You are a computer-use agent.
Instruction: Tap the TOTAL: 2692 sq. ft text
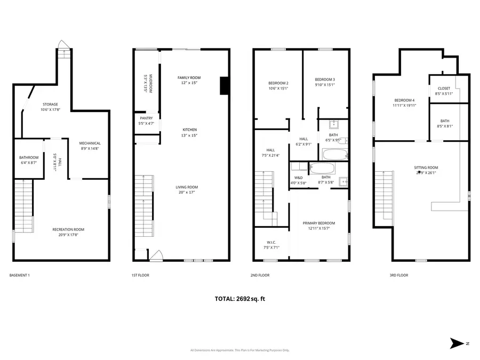click(x=239, y=299)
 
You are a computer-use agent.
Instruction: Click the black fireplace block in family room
click(x=225, y=86)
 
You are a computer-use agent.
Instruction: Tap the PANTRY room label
click(x=147, y=118)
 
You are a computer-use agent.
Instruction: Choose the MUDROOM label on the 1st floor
click(x=150, y=83)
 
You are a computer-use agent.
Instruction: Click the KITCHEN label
click(x=190, y=130)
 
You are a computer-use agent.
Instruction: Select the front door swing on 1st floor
click(x=155, y=256)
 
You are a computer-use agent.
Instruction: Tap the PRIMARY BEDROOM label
click(x=319, y=223)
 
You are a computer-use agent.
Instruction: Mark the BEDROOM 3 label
click(x=324, y=79)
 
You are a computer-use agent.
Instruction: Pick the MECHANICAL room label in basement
click(x=90, y=143)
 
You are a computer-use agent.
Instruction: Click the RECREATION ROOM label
click(x=68, y=229)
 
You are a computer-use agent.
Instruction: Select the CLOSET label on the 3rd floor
click(x=443, y=89)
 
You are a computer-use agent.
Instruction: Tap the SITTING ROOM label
click(x=426, y=167)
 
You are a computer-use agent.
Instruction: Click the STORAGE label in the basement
click(x=51, y=104)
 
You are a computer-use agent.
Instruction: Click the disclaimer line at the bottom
click(x=239, y=350)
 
